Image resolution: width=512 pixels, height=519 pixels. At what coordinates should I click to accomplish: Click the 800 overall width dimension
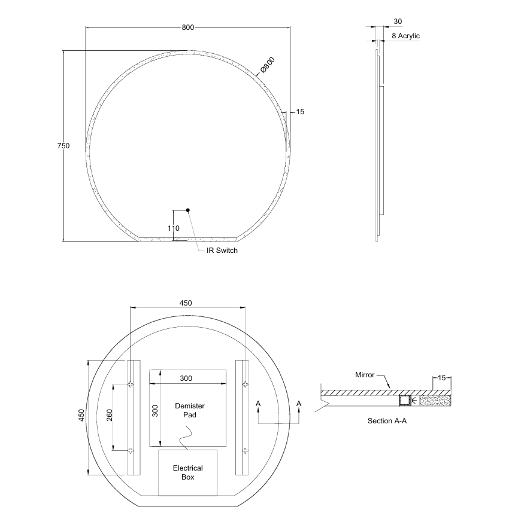click(188, 28)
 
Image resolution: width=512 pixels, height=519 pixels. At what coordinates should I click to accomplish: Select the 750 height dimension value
click(63, 146)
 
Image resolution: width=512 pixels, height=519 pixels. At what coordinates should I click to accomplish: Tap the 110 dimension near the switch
click(174, 228)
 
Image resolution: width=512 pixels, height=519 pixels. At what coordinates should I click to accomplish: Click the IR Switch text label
click(222, 251)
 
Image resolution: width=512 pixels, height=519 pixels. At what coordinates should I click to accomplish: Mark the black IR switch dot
click(188, 210)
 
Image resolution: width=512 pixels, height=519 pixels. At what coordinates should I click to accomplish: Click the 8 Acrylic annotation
click(405, 36)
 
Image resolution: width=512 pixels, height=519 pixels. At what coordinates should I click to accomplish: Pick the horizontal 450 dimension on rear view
click(186, 303)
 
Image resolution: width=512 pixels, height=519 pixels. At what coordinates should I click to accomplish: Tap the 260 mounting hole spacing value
click(109, 417)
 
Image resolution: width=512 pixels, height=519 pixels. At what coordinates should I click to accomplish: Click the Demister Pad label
click(186, 410)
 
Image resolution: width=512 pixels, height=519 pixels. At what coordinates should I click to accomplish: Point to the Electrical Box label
click(187, 472)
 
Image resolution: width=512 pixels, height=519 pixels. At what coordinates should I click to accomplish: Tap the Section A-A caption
click(387, 420)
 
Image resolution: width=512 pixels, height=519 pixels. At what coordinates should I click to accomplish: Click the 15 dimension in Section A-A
click(441, 378)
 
